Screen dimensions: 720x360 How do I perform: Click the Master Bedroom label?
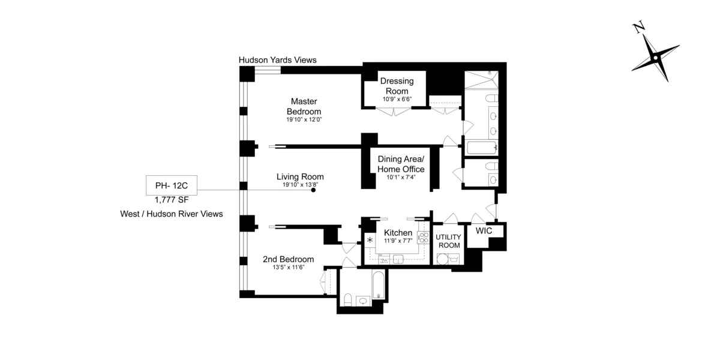coord(304,106)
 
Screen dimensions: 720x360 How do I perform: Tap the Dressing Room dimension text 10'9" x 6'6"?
coord(397,100)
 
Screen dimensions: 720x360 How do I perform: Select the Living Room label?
coord(300,176)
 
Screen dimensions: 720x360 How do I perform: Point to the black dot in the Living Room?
coord(313,190)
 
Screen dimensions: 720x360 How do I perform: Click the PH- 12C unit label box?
coord(172,185)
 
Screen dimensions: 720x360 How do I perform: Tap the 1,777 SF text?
coord(172,200)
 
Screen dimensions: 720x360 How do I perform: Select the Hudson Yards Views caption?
coord(277,60)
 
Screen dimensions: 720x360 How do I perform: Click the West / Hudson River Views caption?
coord(172,214)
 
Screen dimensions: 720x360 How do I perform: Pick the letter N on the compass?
coord(638,27)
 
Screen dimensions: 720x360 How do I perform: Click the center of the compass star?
coord(655,58)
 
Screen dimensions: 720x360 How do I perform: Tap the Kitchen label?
coord(398,233)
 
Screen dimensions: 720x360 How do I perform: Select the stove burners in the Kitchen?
coord(424,238)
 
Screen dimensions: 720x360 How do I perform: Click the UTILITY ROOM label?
coord(449,241)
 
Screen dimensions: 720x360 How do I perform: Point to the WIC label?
coord(484,231)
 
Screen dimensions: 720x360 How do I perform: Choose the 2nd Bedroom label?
coord(289,259)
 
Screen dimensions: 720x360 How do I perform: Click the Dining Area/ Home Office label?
coord(401,164)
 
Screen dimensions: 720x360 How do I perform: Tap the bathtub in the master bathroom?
coord(481,148)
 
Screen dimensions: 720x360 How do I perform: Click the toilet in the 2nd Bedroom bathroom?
coord(348,299)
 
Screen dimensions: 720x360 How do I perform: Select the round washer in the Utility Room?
coord(443,259)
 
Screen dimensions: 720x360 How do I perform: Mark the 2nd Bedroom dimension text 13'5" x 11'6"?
coord(289,268)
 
